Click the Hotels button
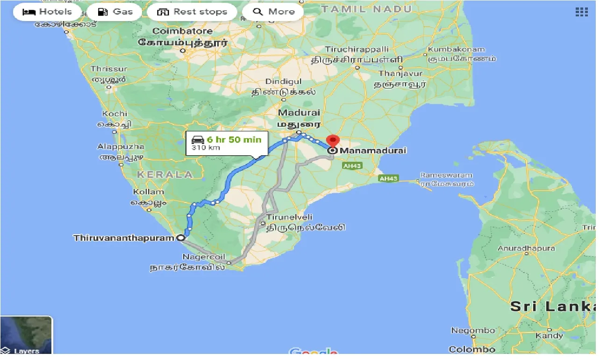[x=47, y=12]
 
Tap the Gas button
[x=114, y=12]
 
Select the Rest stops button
[x=192, y=12]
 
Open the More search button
[x=273, y=12]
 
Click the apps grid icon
[x=581, y=12]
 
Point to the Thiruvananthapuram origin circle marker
[x=181, y=238]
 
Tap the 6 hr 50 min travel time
[x=234, y=139]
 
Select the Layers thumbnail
[x=26, y=335]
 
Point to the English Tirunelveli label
[x=289, y=217]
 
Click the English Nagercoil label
[x=204, y=257]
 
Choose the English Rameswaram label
[x=446, y=175]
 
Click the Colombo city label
[x=472, y=349]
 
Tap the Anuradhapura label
[x=526, y=248]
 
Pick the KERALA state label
[x=165, y=174]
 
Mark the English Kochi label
[x=114, y=114]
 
